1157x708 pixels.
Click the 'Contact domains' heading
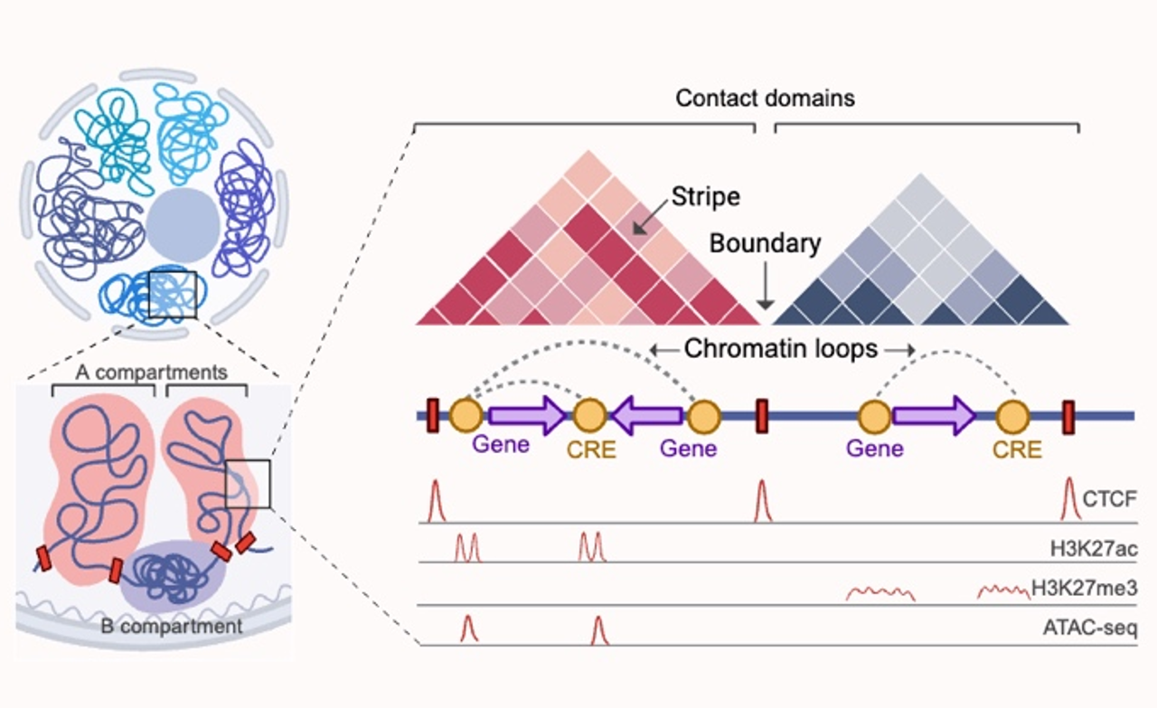[x=765, y=98]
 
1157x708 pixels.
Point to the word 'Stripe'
[x=707, y=195]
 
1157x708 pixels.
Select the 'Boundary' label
[x=765, y=243]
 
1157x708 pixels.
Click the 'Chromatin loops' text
[x=780, y=349]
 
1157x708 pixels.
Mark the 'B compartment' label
[x=171, y=626]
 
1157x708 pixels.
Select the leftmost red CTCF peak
[x=436, y=502]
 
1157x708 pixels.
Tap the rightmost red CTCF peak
[x=1071, y=500]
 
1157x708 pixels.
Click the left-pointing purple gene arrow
[x=646, y=415]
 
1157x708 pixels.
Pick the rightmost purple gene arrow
[x=935, y=415]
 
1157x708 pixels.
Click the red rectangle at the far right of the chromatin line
[x=1068, y=416]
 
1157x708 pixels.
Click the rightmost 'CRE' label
[x=1017, y=448]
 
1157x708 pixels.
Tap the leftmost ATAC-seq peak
[x=467, y=629]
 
